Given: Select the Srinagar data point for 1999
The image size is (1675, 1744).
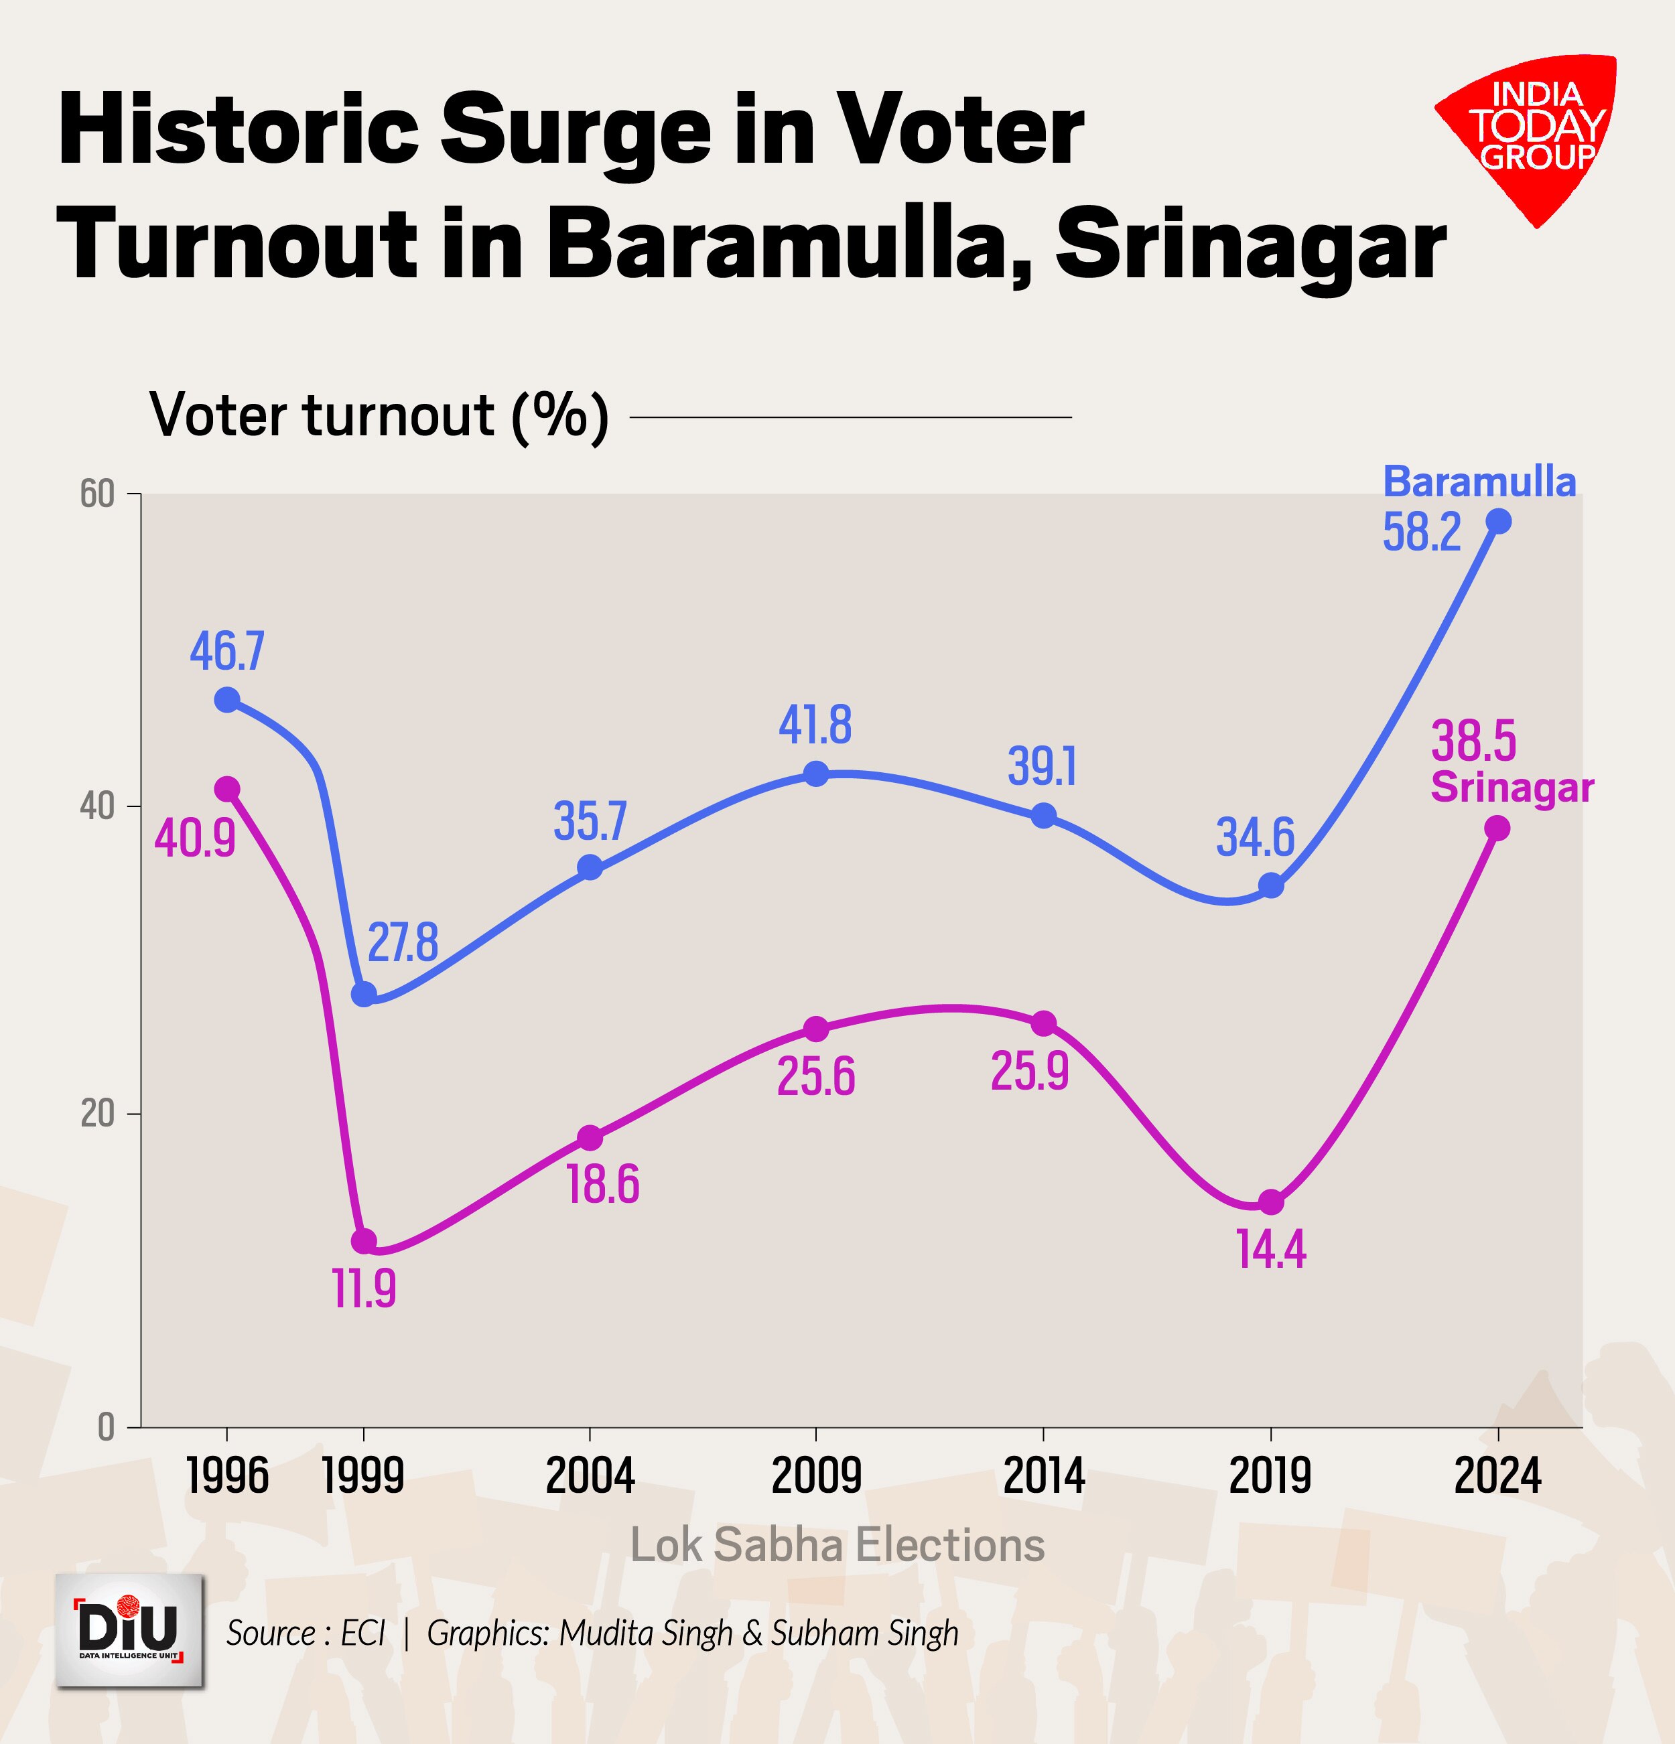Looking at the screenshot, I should (364, 1240).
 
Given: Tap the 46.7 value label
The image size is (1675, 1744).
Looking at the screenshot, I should (227, 650).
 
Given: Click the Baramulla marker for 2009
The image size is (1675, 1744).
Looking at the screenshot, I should (816, 774).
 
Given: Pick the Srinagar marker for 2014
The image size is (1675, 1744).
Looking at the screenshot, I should (1044, 1023).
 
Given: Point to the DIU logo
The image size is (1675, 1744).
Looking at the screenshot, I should (130, 1630).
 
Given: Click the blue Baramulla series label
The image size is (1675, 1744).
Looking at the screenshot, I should (1479, 482).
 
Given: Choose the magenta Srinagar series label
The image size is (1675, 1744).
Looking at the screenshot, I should (1512, 788).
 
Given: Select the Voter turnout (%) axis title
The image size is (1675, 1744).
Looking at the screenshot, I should (379, 415).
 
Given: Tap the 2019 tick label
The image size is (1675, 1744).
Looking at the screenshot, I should (1270, 1476).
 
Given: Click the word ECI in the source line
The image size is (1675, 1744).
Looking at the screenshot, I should (363, 1633).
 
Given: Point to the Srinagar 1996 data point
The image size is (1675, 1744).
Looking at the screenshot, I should (227, 788).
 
